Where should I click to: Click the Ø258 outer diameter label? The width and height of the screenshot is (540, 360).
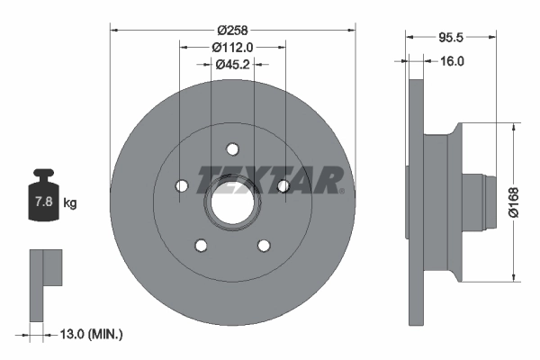pos(232,18)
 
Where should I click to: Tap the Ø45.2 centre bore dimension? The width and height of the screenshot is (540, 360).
pos(232,64)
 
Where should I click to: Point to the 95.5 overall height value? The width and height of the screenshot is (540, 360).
pos(450,39)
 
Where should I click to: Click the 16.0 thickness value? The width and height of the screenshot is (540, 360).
pos(453,62)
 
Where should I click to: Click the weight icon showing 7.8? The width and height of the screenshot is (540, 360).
pos(42,200)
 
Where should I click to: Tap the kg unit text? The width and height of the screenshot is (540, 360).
pos(70,203)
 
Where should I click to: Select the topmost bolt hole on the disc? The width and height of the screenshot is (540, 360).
pos(232,148)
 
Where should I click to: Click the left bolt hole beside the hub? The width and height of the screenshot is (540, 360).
pos(181,186)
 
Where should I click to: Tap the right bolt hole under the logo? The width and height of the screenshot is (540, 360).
pos(283,186)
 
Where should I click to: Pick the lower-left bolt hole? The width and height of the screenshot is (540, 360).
pos(201,245)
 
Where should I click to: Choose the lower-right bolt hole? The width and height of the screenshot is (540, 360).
pos(264,245)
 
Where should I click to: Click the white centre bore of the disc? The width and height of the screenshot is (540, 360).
pos(232,205)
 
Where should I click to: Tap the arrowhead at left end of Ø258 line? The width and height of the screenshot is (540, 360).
pos(113,29)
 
